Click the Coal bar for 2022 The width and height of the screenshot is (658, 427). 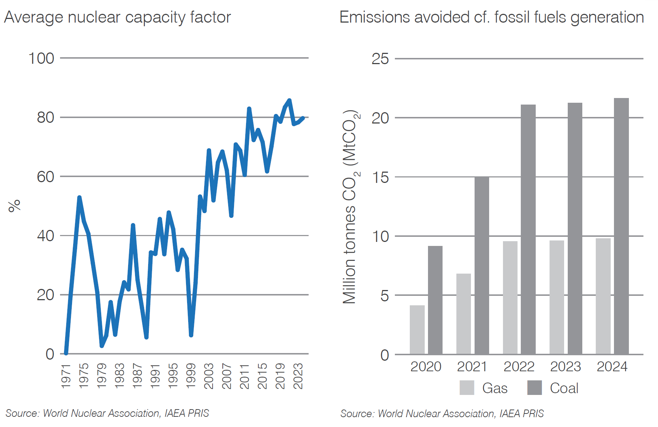point(528,230)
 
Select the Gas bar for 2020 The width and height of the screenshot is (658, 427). point(417,330)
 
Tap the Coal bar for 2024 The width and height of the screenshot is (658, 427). point(621,226)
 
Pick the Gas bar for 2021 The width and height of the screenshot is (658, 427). point(463,314)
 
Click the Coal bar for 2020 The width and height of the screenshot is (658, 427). point(435,300)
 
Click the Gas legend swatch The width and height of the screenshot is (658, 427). point(467,388)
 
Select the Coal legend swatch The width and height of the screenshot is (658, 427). point(535,388)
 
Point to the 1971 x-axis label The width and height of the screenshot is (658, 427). point(66,376)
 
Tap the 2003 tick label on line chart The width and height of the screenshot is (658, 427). point(209,376)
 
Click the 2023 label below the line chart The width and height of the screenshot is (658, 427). point(298,376)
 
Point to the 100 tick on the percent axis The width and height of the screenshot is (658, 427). point(41,58)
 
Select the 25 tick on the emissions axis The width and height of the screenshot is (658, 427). point(380,59)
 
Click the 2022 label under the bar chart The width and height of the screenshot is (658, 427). point(519,367)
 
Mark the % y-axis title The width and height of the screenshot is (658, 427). point(15,206)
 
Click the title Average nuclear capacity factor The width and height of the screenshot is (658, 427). point(118,17)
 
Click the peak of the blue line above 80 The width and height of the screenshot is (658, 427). point(289,100)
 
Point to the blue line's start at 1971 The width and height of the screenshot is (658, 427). point(66,353)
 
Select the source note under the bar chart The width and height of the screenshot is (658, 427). point(442,414)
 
